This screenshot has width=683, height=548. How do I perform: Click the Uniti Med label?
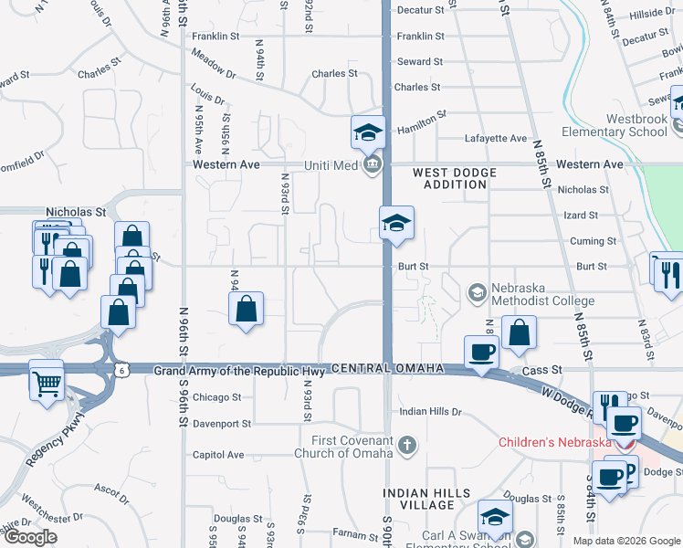[x=328, y=164]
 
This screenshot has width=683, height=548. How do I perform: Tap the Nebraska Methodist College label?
[x=542, y=294]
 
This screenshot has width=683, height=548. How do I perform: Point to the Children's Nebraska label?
[x=555, y=443]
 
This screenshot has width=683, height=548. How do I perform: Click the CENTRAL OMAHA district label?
[x=387, y=368]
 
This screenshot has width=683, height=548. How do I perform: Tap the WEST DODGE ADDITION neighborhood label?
[x=455, y=178]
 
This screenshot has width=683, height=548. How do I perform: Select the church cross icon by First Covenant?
[x=407, y=447]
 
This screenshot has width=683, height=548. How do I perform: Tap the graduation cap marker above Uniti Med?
[x=369, y=133]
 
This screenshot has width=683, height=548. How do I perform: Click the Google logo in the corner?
[x=30, y=537]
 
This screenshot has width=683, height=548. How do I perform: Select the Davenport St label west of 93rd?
[x=222, y=424]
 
